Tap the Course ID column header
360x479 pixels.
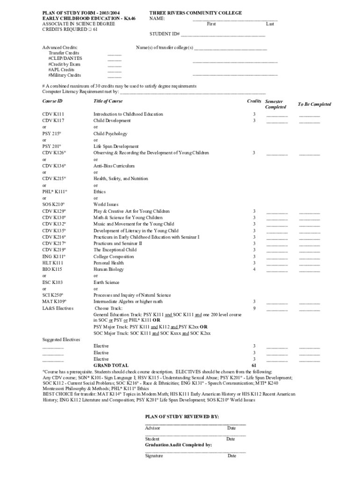pos(52,101)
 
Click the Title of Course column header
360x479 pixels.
pos(108,101)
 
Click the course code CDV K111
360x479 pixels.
pos(53,114)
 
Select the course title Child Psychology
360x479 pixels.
pos(110,134)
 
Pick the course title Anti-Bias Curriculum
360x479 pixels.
pos(114,166)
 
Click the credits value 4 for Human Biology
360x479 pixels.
pos(254,269)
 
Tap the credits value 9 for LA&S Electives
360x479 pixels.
pos(254,309)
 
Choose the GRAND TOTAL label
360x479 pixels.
pos(111,365)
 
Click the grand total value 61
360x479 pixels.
pos(254,365)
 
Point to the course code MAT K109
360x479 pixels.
pos(54,302)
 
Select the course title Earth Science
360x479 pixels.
pos(106,283)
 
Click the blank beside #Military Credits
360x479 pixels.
pos(115,76)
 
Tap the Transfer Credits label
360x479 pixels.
pos(64,53)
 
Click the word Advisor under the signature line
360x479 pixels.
pos(152,428)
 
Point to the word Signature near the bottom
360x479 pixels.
pos(154,456)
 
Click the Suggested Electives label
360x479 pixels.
pos(61,340)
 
